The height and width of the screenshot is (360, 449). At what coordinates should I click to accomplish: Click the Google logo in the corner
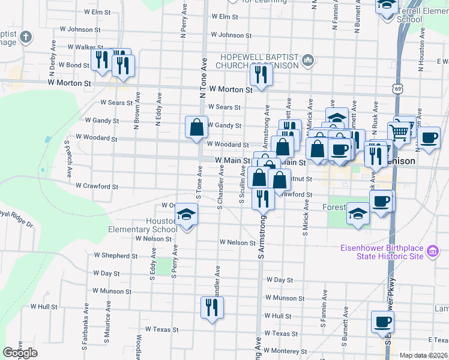[x=20, y=353]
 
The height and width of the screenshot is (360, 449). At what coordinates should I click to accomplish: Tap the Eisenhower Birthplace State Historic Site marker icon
[x=432, y=252]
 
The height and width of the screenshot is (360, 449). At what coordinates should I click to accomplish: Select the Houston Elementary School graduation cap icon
[x=187, y=214]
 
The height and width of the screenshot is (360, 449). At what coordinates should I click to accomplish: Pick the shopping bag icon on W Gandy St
[x=196, y=127]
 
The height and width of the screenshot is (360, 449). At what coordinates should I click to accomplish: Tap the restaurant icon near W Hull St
[x=212, y=308]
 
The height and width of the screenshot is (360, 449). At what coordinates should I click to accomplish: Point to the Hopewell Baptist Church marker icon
[x=308, y=59]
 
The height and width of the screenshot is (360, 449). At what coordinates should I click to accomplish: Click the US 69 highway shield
[x=398, y=89]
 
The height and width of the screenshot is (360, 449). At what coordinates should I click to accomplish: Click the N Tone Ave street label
[x=203, y=78]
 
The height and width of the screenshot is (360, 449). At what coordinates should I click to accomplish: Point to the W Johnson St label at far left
[x=80, y=29]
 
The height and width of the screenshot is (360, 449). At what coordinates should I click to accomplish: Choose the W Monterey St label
[x=287, y=351]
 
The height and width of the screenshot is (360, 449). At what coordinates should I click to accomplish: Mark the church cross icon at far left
[x=25, y=38]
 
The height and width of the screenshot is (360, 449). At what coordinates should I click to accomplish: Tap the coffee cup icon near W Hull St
[x=382, y=322]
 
